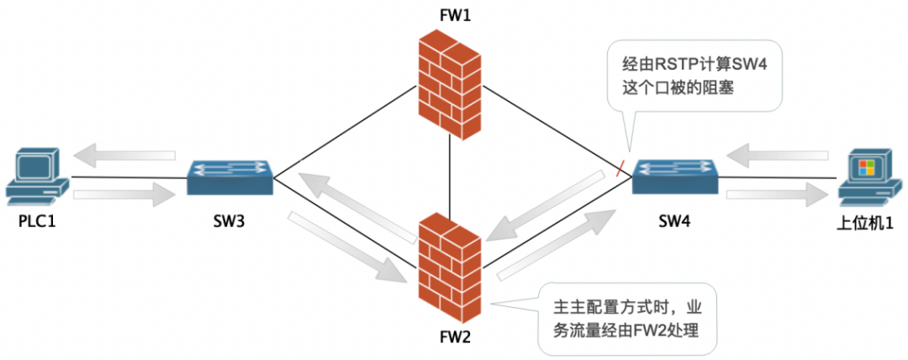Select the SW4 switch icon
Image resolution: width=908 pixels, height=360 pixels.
click(x=675, y=177)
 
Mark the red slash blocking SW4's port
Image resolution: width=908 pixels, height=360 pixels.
click(x=620, y=167)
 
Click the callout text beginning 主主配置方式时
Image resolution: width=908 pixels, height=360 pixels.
click(x=627, y=319)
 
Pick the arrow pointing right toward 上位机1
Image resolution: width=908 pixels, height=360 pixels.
click(x=776, y=196)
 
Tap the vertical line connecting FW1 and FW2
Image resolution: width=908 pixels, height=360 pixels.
click(x=450, y=177)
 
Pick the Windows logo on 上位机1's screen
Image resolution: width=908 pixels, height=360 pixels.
click(x=866, y=167)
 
